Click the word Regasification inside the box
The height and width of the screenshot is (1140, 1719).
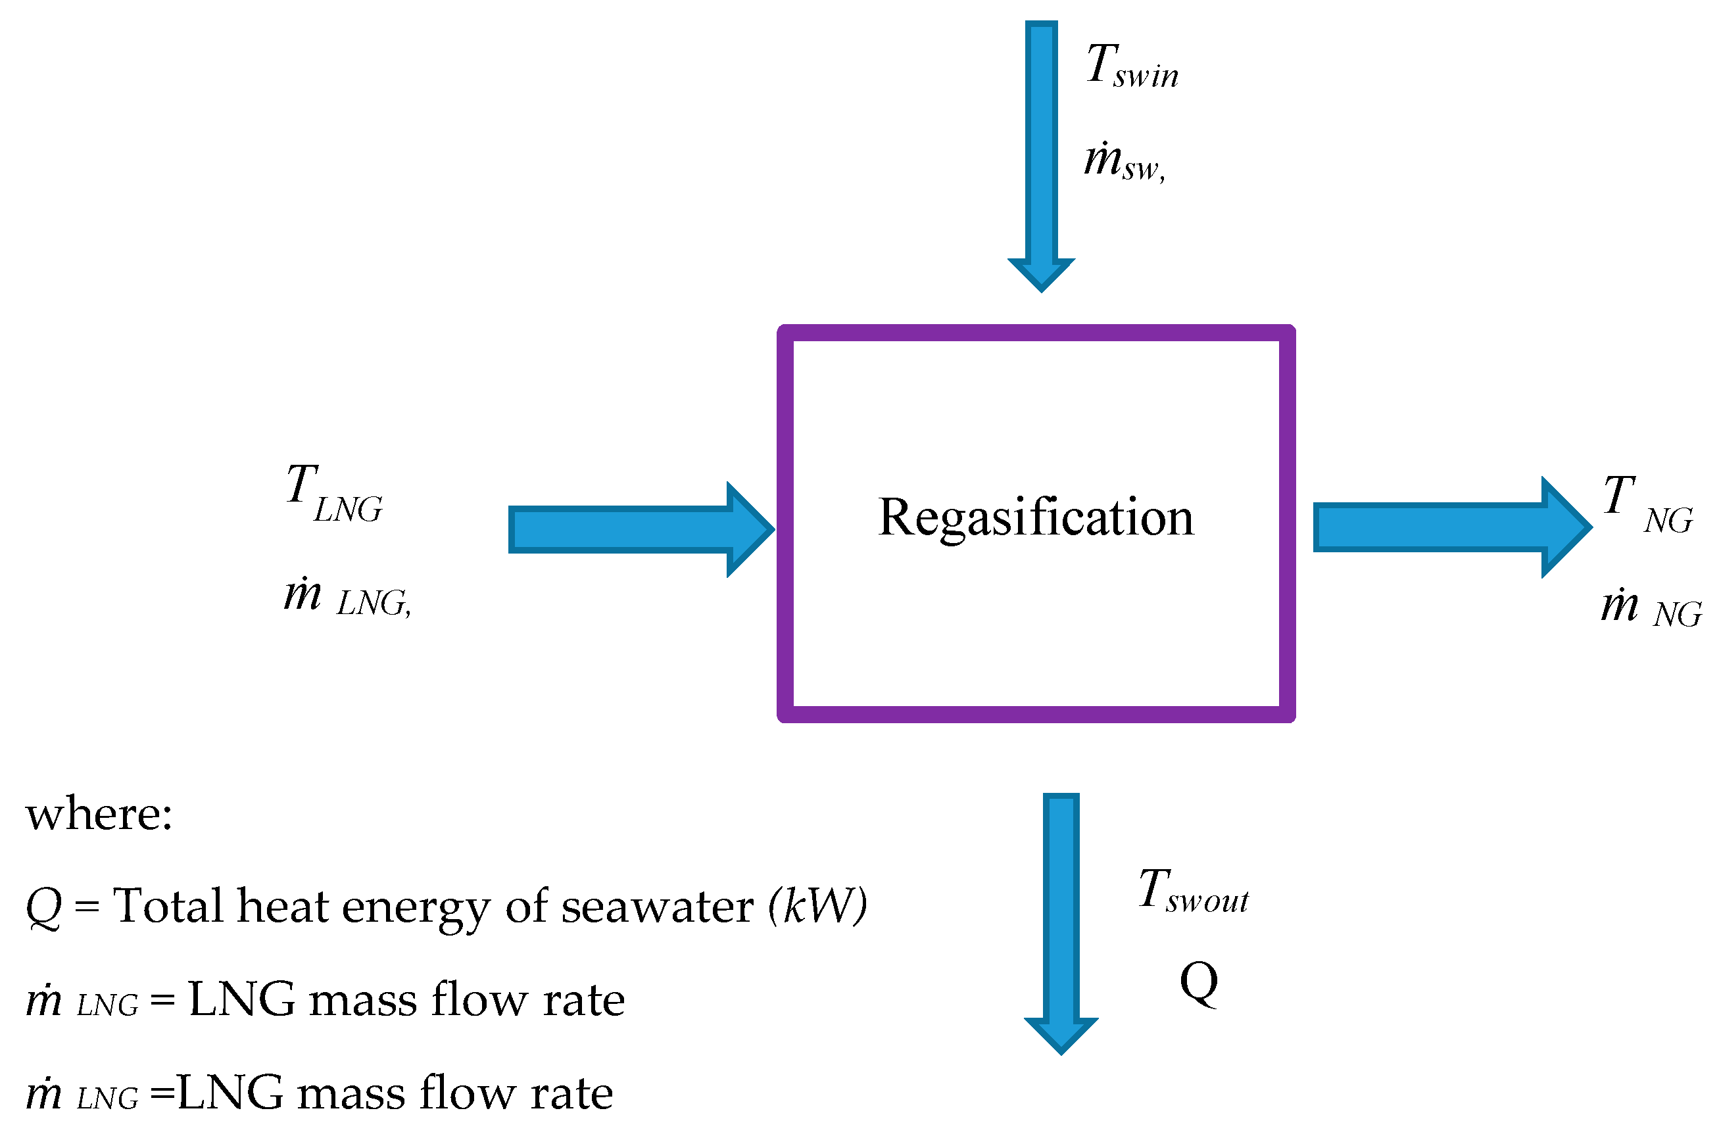(x=1036, y=517)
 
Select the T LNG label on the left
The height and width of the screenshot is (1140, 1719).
(x=335, y=494)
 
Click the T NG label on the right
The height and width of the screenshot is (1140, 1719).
(x=1648, y=506)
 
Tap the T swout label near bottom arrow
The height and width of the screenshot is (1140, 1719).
(x=1192, y=891)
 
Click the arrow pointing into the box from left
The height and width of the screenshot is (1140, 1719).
(x=640, y=529)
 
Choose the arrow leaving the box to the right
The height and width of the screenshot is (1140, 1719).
(x=1451, y=527)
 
